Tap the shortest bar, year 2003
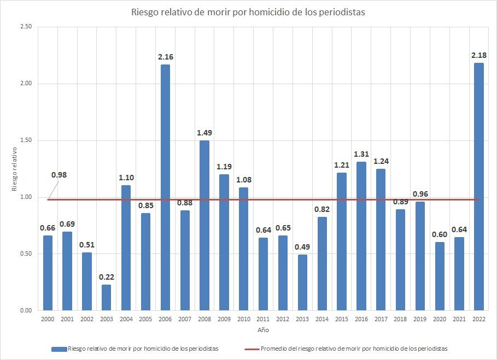[x=106, y=297]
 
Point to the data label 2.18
[x=478, y=55]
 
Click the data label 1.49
[x=204, y=133]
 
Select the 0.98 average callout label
[x=59, y=175]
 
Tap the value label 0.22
[x=106, y=277]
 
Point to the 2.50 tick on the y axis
[x=25, y=27]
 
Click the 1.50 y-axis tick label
[x=25, y=140]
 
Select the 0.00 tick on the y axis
[x=25, y=310]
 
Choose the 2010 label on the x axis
[x=243, y=319]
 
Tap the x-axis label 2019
[x=420, y=319]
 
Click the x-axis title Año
[x=263, y=330]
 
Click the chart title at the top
[x=248, y=12]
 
